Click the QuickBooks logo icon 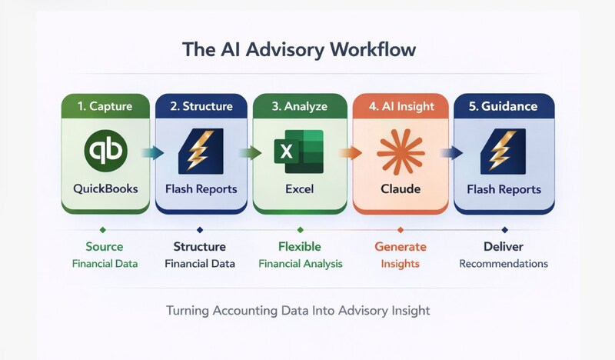(105, 151)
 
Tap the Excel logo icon (299, 152)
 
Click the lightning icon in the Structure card (201, 151)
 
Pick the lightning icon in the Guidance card (504, 152)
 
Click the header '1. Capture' (105, 106)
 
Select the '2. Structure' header (201, 106)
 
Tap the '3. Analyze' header (300, 106)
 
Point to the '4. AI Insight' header (401, 106)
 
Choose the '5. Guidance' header (504, 106)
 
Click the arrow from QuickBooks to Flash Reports (152, 152)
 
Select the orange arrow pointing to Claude (351, 152)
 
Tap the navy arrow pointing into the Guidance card (451, 152)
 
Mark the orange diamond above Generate (401, 230)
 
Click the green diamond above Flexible (301, 230)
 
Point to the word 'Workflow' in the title (373, 50)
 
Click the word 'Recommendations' (504, 263)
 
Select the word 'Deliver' (504, 247)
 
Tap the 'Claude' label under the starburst (401, 189)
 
